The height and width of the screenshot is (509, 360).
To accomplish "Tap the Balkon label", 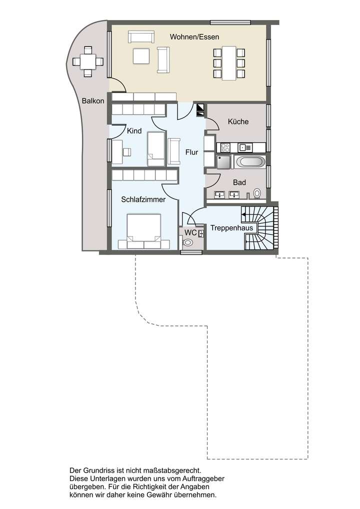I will (93, 100).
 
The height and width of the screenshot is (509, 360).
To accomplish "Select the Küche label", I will (238, 121).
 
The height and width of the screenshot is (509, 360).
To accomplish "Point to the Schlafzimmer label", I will (143, 199).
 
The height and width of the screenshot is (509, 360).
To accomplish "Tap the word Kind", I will (134, 131).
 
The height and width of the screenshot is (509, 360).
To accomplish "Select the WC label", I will (190, 232).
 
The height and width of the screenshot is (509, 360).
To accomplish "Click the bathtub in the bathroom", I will (250, 161).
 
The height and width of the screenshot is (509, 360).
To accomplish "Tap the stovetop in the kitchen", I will (225, 147).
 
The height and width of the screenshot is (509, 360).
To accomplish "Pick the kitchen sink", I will (245, 147).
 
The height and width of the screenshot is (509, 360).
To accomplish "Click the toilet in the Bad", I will (257, 193).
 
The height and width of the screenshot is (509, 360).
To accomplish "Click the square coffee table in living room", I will (141, 55).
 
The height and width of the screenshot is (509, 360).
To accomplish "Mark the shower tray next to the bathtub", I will (223, 162).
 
